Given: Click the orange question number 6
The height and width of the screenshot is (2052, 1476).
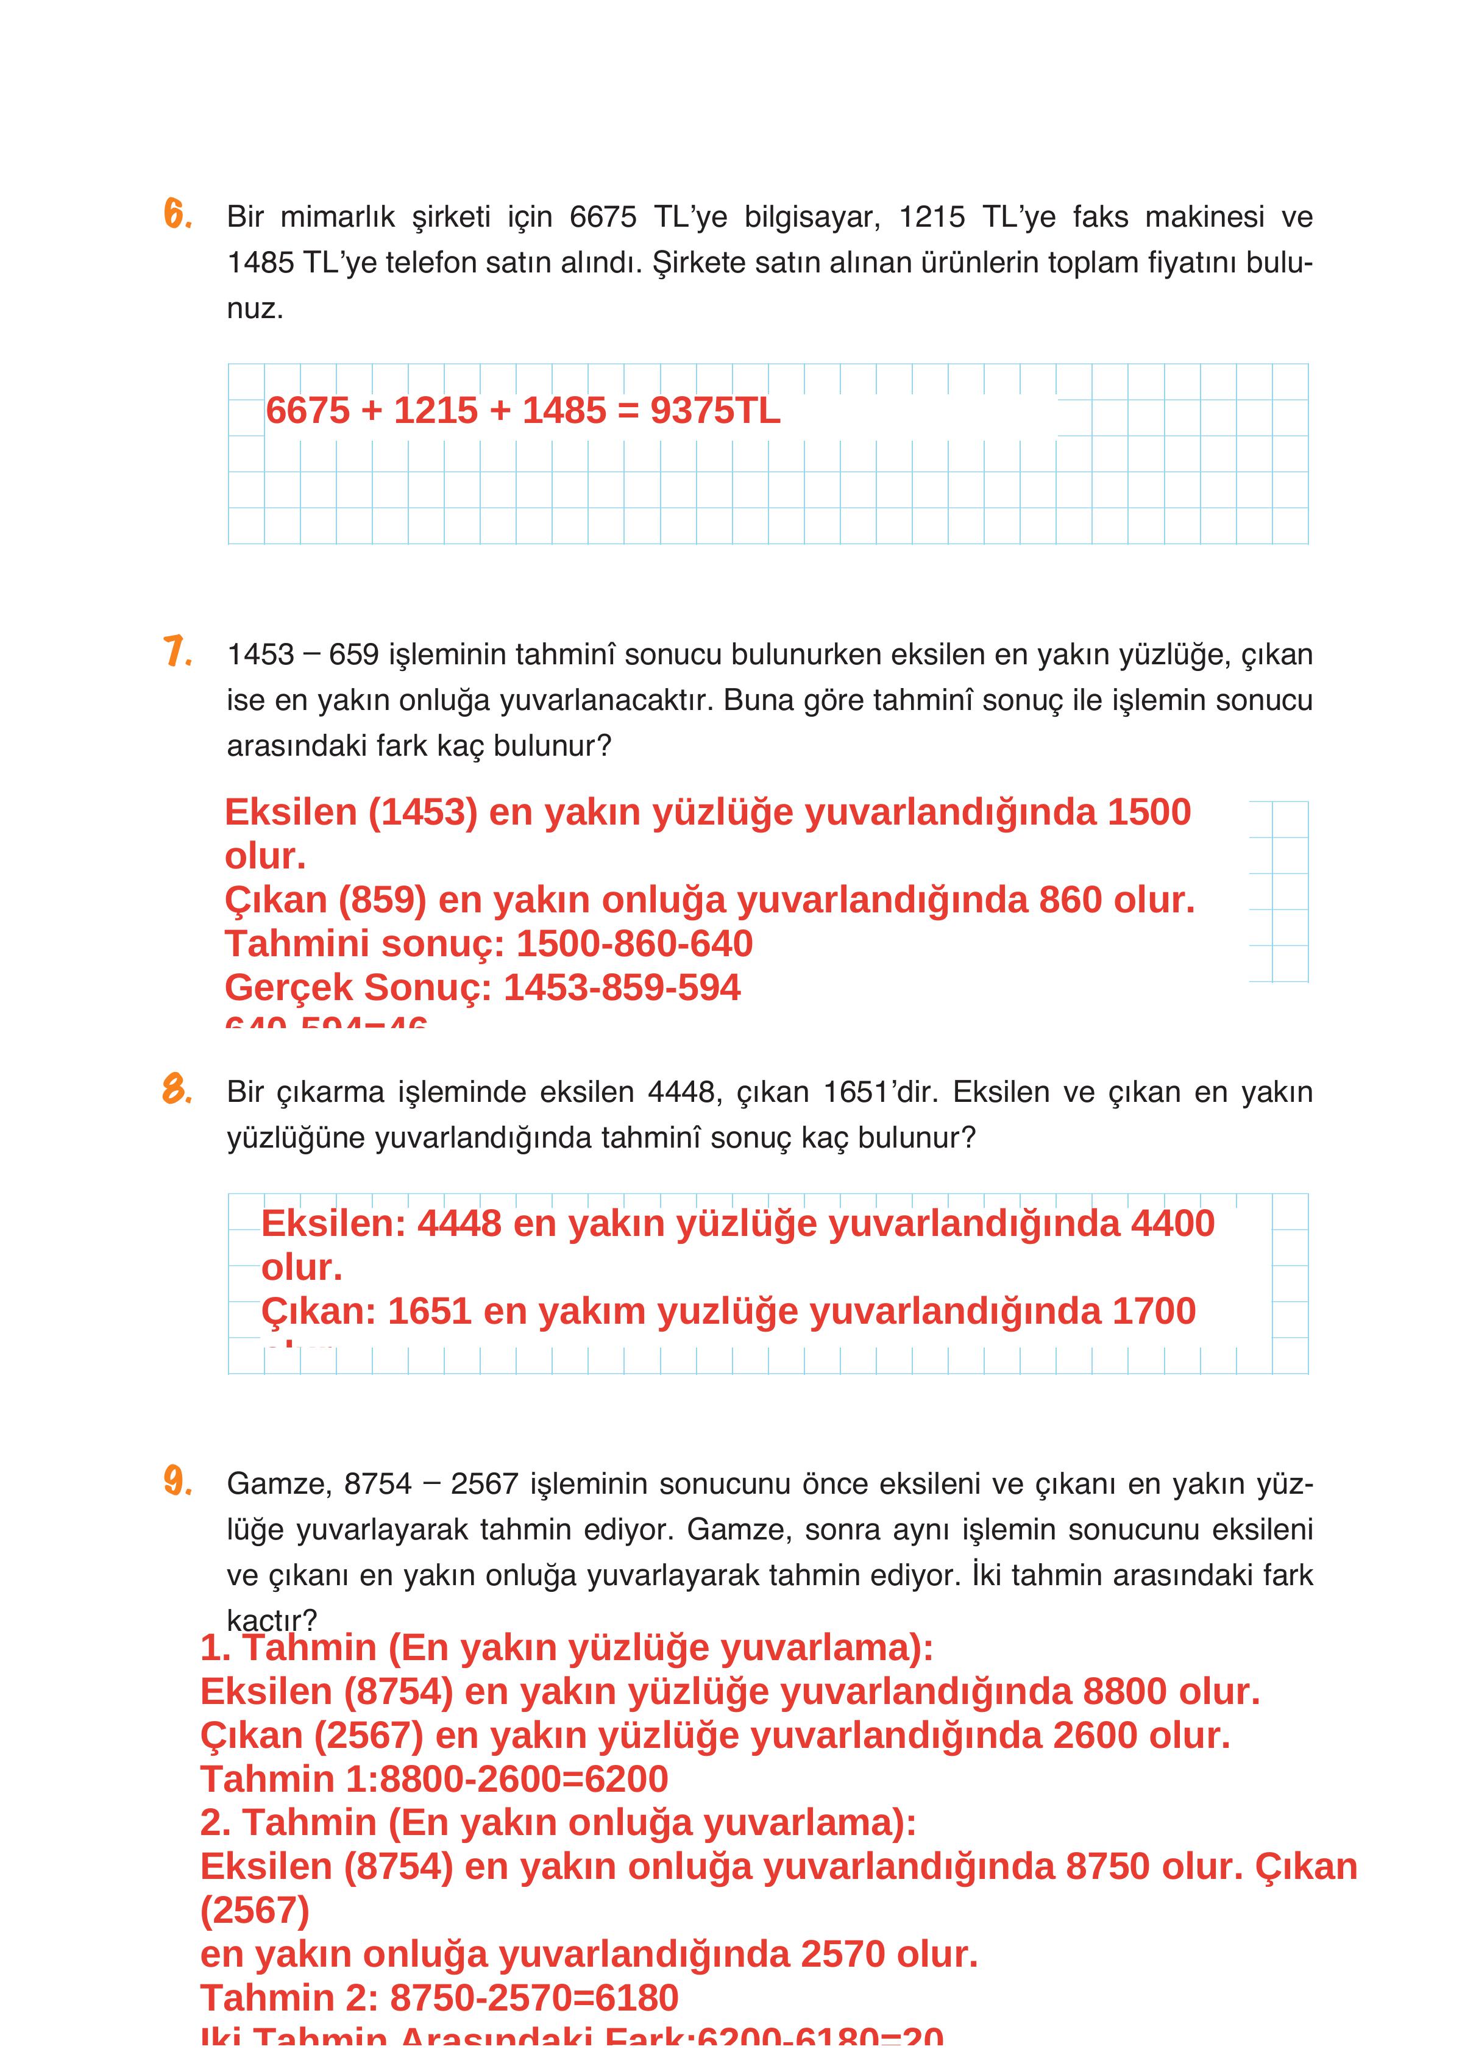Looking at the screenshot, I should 177,215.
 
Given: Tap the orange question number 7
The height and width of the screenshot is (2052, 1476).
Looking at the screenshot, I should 177,651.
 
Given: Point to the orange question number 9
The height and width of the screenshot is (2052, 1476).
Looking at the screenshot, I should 177,1481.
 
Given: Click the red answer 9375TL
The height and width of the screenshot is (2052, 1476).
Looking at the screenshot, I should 715,411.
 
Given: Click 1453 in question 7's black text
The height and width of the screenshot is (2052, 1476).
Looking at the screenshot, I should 261,654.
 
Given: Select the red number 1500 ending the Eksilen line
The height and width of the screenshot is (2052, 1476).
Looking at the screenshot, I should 1149,812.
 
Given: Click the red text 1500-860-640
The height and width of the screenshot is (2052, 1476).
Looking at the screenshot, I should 634,943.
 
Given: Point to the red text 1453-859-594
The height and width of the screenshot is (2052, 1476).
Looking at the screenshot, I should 622,987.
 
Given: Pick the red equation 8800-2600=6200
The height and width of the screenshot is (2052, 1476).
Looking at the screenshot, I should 524,1779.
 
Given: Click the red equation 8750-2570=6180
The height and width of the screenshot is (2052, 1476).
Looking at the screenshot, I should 534,1998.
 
